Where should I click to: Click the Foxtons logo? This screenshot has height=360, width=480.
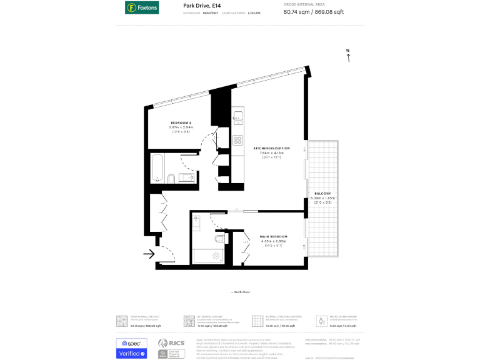tap(142, 7)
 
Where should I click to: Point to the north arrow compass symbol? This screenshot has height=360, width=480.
tap(348, 56)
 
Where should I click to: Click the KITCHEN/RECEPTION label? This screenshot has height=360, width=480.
tap(271, 148)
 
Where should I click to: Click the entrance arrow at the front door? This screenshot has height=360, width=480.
tap(149, 254)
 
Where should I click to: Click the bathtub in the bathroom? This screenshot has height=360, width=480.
tap(157, 167)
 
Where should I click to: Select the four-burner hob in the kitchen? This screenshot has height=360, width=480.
tap(237, 140)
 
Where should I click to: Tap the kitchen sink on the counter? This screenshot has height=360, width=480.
tap(237, 116)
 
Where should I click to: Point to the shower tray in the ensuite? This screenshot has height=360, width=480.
tap(206, 256)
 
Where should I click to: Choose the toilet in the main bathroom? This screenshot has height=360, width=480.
tap(170, 180)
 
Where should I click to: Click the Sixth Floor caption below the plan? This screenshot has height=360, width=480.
tap(240, 292)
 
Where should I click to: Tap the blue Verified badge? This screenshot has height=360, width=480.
tap(131, 354)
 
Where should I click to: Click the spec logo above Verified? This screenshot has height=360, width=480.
tap(131, 342)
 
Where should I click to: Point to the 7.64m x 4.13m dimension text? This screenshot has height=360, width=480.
tap(271, 153)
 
